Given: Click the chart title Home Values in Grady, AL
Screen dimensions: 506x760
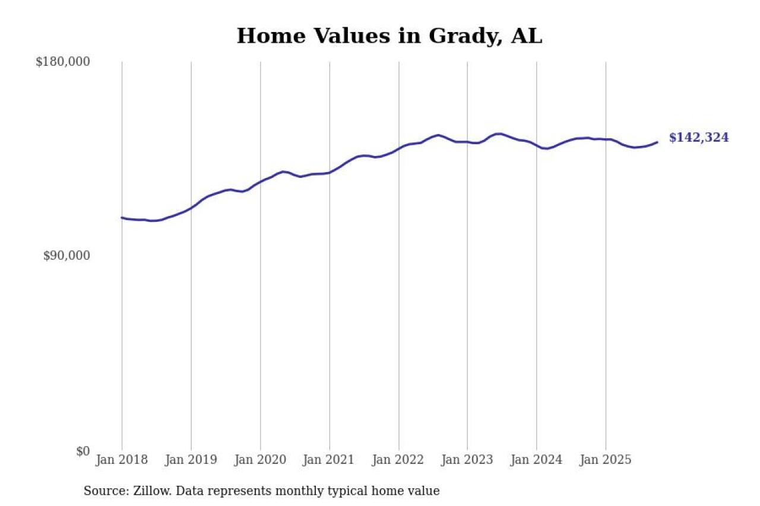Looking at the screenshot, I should [389, 36].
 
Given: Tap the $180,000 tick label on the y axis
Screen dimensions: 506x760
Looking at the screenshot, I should [63, 62].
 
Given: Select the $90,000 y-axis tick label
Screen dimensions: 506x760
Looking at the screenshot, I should [66, 256].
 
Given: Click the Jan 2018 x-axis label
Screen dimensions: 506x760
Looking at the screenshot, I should [122, 460].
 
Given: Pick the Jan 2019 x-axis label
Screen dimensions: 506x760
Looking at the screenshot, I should [191, 460].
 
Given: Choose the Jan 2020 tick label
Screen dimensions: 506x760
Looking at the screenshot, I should [260, 460].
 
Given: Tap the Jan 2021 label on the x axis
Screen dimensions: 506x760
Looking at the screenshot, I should [330, 460].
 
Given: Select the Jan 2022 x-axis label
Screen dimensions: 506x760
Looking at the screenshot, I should [398, 460].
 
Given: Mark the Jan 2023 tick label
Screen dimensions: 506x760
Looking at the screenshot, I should [467, 460].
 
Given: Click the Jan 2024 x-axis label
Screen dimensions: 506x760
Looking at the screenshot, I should [537, 460].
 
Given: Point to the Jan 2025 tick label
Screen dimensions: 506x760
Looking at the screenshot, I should [606, 460].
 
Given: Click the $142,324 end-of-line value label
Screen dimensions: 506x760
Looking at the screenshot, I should [699, 138].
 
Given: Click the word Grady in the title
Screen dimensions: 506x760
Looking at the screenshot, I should [463, 36].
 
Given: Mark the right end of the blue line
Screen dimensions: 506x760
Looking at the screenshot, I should [657, 142].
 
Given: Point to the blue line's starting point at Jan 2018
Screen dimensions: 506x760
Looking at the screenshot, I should [122, 218].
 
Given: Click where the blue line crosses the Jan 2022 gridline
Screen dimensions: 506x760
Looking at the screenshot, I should [398, 148].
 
